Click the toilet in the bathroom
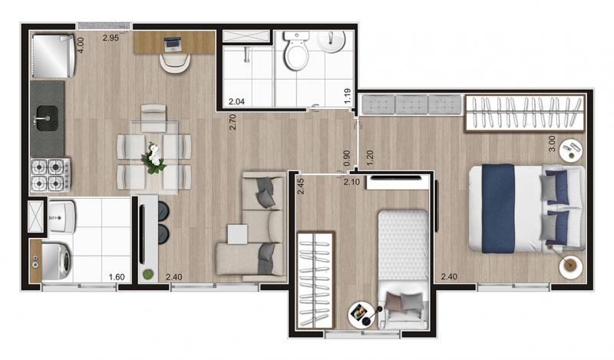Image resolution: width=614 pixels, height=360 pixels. click(x=297, y=51)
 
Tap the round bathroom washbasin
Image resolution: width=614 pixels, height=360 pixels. click(x=332, y=41)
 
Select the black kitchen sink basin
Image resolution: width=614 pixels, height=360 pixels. click(x=47, y=118)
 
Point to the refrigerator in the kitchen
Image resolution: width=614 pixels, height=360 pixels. click(x=53, y=56)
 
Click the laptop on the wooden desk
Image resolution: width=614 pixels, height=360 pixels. click(x=172, y=45)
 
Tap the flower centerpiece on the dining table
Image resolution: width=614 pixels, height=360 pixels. click(x=153, y=158)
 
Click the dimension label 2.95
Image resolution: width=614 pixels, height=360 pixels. click(x=111, y=38)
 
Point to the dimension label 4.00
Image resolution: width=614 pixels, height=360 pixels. click(x=81, y=45)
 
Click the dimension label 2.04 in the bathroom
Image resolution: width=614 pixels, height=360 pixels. click(x=236, y=101)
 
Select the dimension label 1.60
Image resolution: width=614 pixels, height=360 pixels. click(x=117, y=277)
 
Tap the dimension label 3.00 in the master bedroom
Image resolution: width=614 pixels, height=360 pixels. click(x=552, y=144)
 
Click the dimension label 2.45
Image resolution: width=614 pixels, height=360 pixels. click(x=301, y=186)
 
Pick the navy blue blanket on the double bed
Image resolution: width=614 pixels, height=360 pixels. click(x=498, y=208)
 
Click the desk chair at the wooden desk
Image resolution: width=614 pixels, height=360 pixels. click(x=175, y=63)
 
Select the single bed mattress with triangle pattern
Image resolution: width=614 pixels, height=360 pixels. click(x=404, y=245)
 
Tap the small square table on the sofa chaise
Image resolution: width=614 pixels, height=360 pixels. click(x=237, y=234)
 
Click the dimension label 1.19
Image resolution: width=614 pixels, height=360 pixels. click(x=348, y=97)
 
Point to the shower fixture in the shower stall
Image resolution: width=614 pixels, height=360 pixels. click(x=246, y=54)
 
